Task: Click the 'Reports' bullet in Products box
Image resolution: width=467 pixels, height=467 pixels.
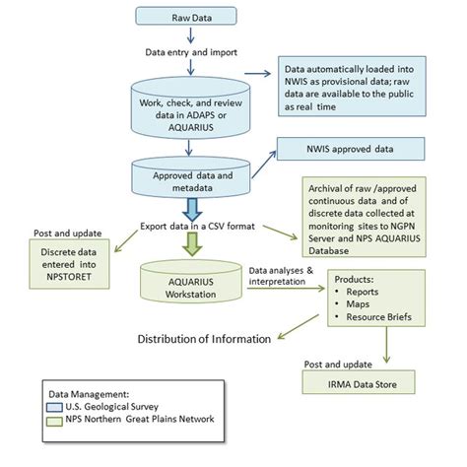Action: tap(366, 293)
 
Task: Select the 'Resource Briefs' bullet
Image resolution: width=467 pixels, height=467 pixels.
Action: tap(384, 318)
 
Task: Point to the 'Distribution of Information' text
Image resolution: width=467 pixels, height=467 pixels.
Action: tap(202, 339)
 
